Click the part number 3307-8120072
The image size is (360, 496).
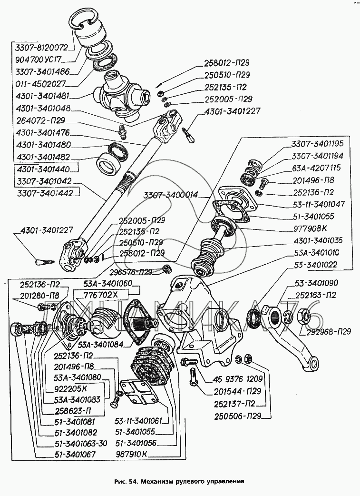click(42, 48)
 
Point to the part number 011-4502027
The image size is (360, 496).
click(42, 84)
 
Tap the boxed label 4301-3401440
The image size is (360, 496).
click(43, 169)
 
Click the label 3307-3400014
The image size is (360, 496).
click(172, 194)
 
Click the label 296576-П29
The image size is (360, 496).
click(134, 272)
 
